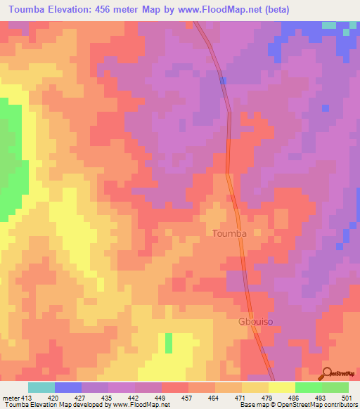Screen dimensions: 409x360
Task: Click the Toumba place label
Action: pos(229,233)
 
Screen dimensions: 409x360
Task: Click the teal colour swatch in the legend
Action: pos(41,387)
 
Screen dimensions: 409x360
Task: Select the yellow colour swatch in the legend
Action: pos(281,387)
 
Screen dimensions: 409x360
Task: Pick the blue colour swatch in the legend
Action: pos(68,387)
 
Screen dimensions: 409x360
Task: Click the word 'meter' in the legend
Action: pos(9,397)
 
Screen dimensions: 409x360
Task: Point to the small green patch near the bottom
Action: pos(169,343)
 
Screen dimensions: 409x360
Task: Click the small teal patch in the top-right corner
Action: pos(329,25)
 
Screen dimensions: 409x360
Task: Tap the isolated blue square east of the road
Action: pos(325,108)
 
